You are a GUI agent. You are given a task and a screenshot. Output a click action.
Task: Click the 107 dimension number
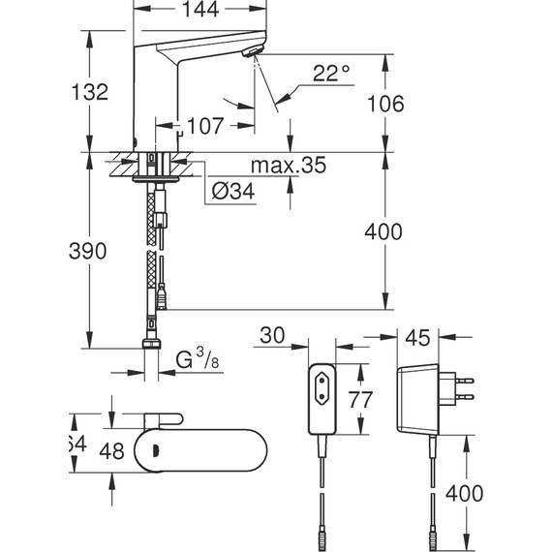coord(205,126)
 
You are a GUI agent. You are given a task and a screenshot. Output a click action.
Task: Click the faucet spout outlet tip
coord(254,54)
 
